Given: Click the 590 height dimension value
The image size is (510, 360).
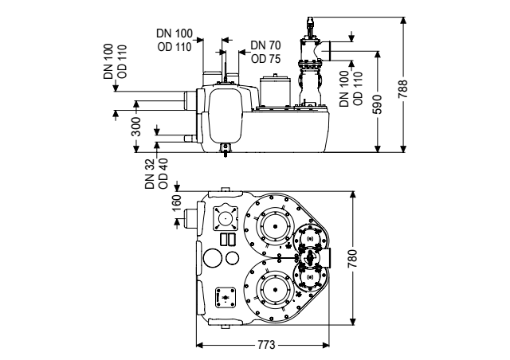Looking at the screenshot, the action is click(378, 104).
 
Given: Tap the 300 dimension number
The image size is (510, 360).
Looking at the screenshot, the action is click(136, 127).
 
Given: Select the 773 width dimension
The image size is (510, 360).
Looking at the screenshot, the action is click(266, 345).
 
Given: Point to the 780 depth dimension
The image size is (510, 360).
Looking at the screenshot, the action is click(352, 259).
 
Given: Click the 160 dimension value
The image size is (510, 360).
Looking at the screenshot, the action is click(177, 202).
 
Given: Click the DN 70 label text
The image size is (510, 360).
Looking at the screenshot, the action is click(265, 45).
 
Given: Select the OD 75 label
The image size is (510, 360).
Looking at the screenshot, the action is click(265, 59).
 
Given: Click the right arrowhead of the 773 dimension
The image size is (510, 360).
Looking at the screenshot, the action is click(325, 345).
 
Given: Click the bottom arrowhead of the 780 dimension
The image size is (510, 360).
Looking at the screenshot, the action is click(352, 321).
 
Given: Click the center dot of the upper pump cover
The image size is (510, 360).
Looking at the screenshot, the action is click(275, 227).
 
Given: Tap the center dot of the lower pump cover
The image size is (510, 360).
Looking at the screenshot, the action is click(275, 290).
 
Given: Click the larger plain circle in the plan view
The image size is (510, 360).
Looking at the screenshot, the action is click(213, 257).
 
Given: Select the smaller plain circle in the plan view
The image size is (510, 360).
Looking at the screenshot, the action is click(232, 258).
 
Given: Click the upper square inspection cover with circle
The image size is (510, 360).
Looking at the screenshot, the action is click(225, 217).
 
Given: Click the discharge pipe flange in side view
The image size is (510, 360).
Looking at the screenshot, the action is click(329, 51).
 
